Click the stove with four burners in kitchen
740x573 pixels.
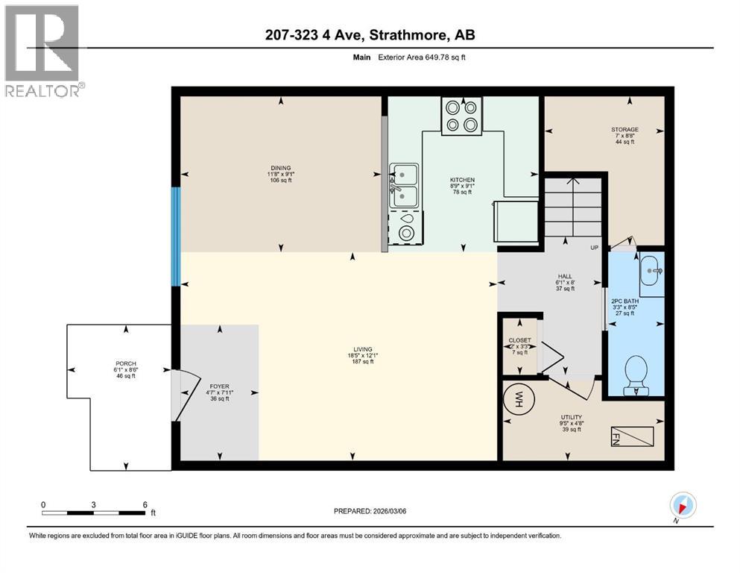click(461, 116)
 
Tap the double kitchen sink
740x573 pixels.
click(404, 186)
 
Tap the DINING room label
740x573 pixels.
click(280, 168)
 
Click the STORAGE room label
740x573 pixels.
click(624, 129)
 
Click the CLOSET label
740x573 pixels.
click(519, 339)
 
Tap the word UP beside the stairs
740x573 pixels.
click(594, 248)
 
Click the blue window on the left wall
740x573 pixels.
click(176, 237)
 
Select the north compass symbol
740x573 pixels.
click(683, 505)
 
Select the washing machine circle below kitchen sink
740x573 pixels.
click(406, 232)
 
